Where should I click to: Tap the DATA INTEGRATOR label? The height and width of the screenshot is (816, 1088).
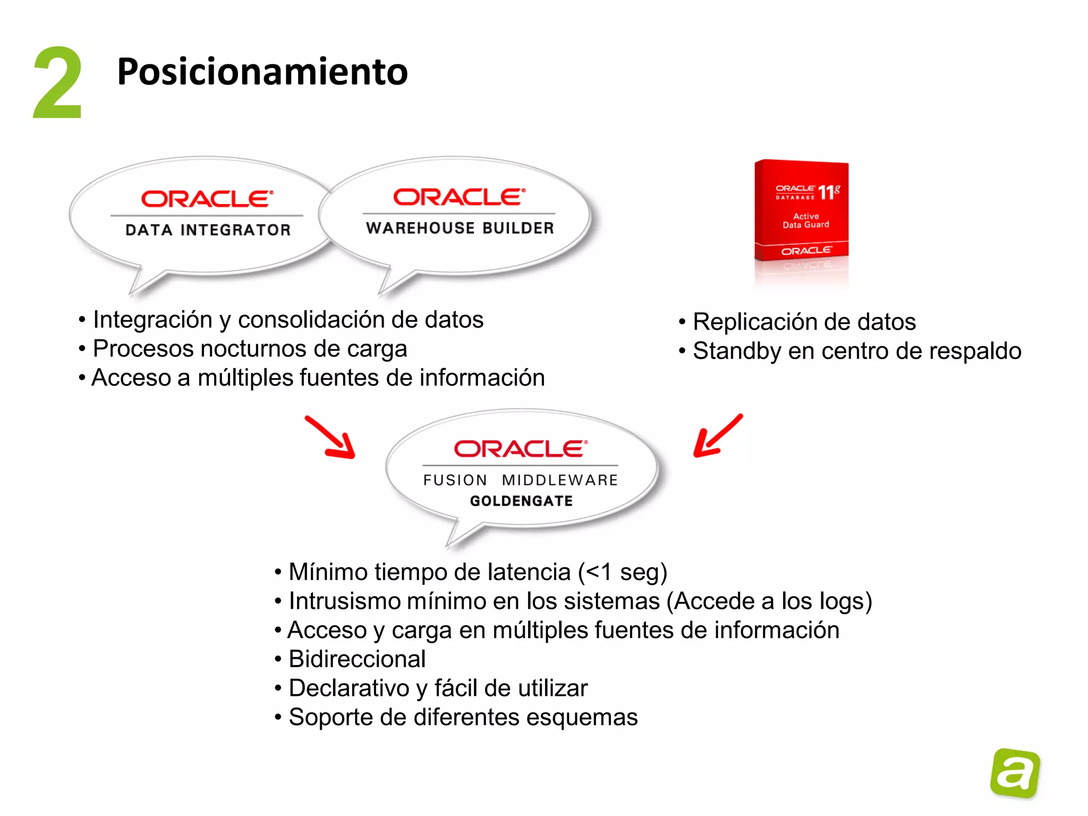(208, 230)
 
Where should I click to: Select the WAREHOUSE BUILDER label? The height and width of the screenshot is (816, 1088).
(460, 228)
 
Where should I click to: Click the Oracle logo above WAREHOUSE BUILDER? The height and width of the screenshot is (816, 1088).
(459, 197)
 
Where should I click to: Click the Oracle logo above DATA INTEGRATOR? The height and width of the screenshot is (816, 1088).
(207, 199)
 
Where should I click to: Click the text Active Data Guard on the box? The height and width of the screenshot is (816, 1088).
(805, 220)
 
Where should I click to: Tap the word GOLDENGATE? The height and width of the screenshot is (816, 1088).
(521, 501)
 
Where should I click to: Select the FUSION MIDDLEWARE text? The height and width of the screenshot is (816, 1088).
(520, 480)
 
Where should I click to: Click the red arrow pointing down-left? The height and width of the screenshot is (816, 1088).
(717, 436)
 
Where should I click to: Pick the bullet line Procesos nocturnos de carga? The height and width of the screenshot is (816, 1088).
(250, 349)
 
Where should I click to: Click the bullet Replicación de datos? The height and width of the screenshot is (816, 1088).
(804, 322)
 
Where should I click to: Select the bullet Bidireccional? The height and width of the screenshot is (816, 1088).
(357, 659)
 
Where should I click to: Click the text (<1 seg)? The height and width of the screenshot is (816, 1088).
(622, 573)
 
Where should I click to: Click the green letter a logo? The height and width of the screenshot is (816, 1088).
(1015, 773)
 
